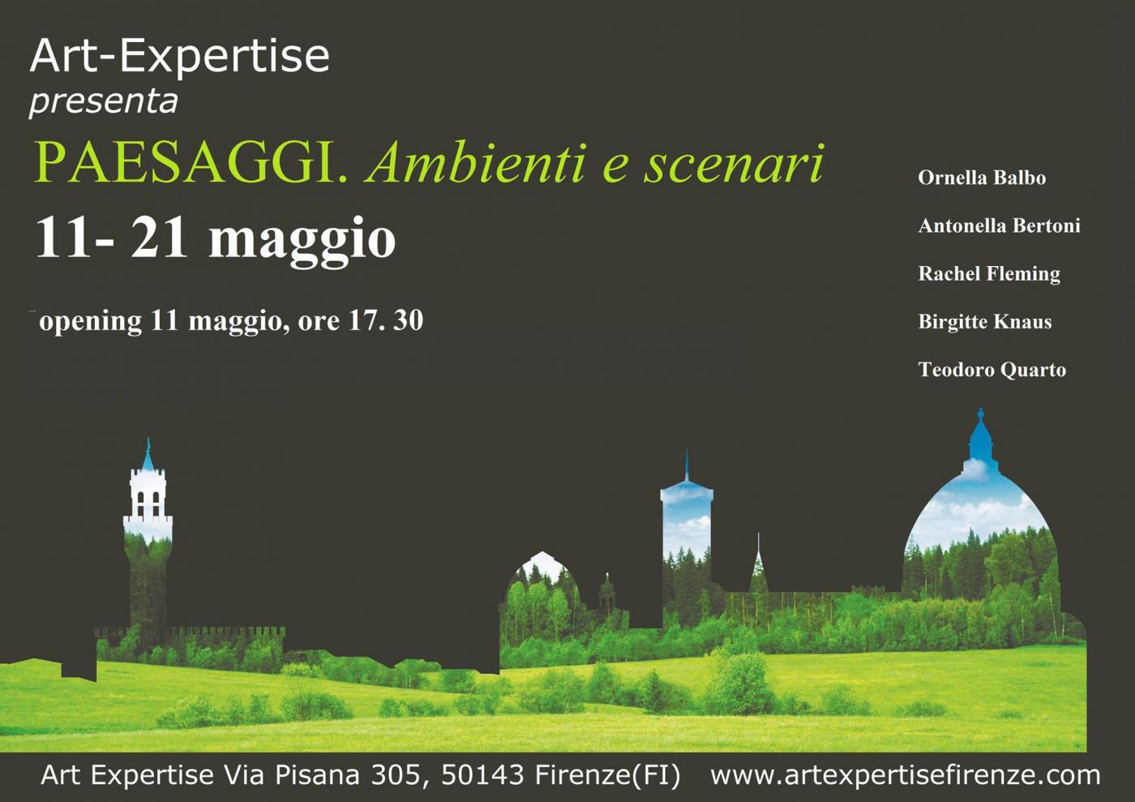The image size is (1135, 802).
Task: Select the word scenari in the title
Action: coord(734,163)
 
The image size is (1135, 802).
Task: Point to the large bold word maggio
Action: coord(302,240)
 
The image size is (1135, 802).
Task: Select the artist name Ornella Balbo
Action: coord(982,178)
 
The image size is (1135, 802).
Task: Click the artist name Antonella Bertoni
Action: coord(999,225)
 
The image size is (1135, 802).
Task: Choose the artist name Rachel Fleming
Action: coord(989,274)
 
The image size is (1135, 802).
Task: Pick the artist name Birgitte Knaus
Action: coord(985,322)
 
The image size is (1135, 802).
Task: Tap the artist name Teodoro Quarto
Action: coord(992,370)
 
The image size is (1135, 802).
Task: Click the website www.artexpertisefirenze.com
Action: coord(906,775)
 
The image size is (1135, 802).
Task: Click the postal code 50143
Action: coord(482,774)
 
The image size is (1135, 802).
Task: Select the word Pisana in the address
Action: coord(317,774)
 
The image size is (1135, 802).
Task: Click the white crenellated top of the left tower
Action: coord(148,495)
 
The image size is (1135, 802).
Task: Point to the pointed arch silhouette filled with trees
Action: coord(542,588)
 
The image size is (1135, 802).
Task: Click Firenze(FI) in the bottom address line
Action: coord(607,775)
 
